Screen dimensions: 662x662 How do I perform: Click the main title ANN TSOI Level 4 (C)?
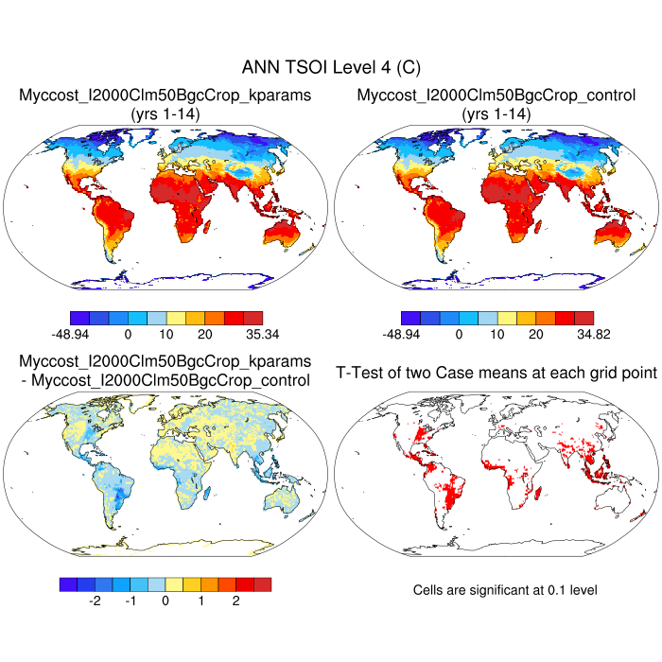(x=331, y=67)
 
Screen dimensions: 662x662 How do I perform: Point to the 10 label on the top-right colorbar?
(x=497, y=334)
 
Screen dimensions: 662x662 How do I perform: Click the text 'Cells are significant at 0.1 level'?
(x=505, y=590)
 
